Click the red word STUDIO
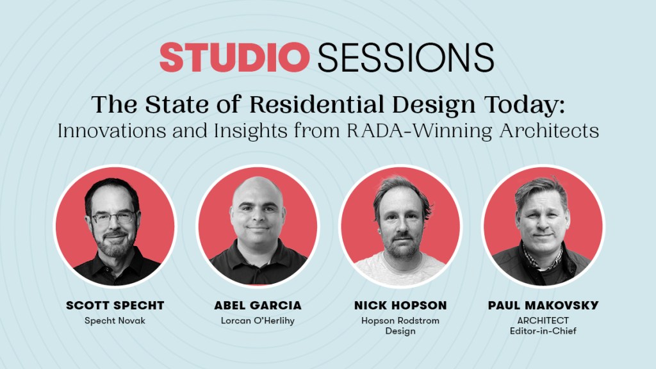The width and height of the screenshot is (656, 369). (x=234, y=57)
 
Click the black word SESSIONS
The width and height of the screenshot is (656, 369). (x=406, y=57)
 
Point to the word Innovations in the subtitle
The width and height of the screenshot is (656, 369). (x=111, y=131)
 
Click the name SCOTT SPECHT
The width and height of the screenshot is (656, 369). (x=115, y=306)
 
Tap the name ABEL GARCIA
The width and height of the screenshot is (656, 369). (x=258, y=306)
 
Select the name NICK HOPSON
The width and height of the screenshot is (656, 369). (x=400, y=306)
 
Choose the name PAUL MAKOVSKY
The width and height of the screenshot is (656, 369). (x=543, y=306)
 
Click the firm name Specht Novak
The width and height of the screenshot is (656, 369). (x=115, y=321)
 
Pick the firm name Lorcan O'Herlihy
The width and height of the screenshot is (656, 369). (x=258, y=321)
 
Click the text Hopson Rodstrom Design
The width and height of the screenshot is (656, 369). (x=400, y=326)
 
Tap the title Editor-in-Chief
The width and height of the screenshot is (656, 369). (x=543, y=331)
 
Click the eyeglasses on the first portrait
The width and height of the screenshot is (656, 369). (x=114, y=217)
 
